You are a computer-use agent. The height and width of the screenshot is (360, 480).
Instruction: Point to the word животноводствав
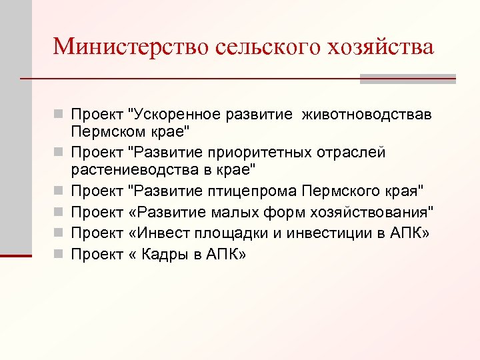[x=366, y=115]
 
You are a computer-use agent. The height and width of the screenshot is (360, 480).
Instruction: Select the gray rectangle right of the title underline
[x=407, y=79]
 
